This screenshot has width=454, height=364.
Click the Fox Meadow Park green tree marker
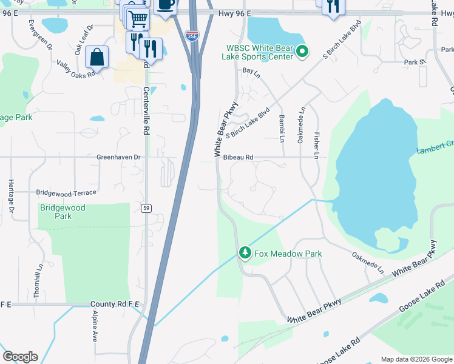pyautogui.click(x=245, y=252)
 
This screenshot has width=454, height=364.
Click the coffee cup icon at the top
pyautogui.click(x=166, y=5)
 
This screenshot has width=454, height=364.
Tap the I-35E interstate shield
pyautogui.click(x=191, y=36)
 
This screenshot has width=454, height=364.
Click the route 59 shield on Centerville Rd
pyautogui.click(x=146, y=208)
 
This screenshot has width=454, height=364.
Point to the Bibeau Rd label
pyautogui.click(x=238, y=157)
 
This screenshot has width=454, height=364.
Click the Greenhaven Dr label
pyautogui.click(x=118, y=157)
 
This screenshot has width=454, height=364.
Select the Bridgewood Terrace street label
pyautogui.click(x=66, y=193)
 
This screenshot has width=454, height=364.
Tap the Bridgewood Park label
pyautogui.click(x=63, y=212)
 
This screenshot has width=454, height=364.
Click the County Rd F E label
pyautogui.click(x=112, y=304)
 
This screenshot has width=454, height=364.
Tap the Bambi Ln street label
pyautogui.click(x=282, y=127)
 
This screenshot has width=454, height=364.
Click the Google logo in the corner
pyautogui.click(x=20, y=357)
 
